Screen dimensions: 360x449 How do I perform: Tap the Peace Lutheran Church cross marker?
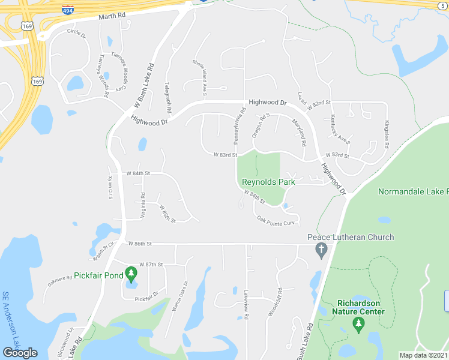click(x=321, y=250)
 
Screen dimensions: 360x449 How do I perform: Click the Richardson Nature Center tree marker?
click(x=359, y=325)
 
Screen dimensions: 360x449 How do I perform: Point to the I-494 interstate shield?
click(x=68, y=9)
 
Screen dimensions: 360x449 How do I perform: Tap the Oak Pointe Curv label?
click(x=276, y=221)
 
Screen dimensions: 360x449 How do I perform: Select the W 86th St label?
click(x=140, y=244)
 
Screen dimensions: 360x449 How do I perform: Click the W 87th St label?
click(x=151, y=264)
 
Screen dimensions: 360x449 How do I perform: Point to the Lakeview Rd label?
click(x=247, y=304)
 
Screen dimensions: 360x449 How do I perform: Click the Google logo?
click(x=20, y=353)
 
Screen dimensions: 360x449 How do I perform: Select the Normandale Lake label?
click(x=413, y=191)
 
